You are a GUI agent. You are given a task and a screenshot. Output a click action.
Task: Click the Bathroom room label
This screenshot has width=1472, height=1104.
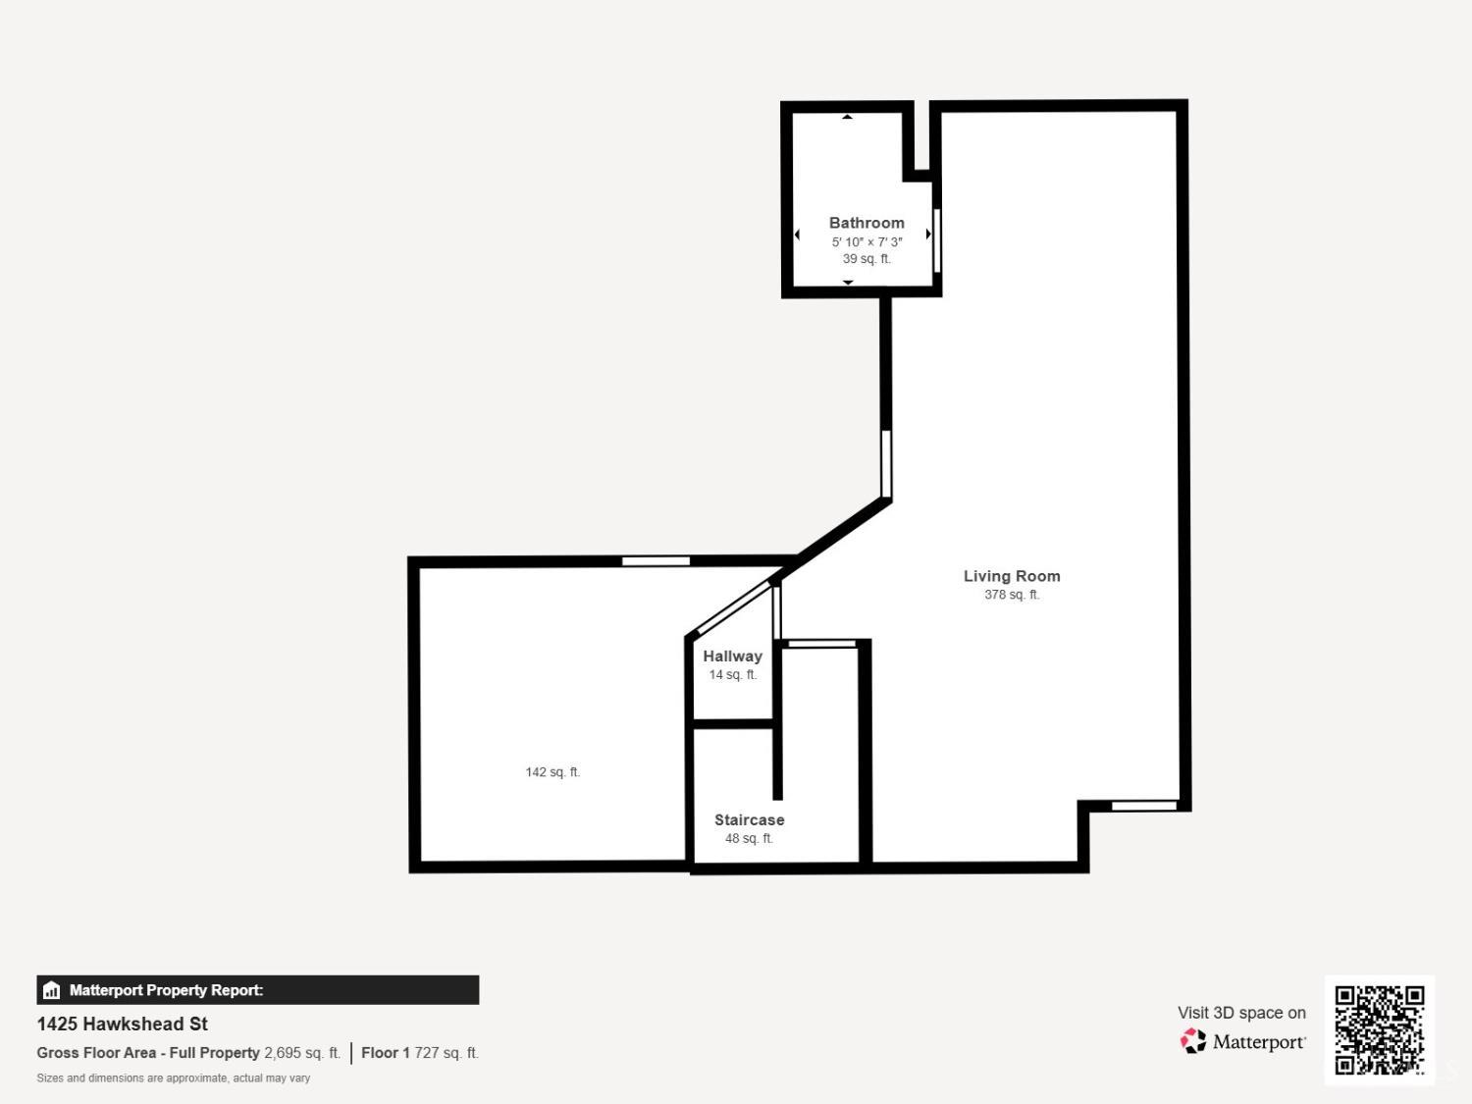click(x=867, y=223)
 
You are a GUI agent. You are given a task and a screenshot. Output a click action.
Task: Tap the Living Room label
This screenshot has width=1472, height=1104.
click(x=1012, y=576)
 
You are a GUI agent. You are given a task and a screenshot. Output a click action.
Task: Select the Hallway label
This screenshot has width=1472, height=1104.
click(x=732, y=657)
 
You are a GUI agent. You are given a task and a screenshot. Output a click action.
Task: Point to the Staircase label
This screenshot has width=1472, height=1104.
click(x=749, y=819)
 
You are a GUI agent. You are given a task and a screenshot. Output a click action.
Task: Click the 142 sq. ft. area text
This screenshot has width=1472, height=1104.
click(x=552, y=772)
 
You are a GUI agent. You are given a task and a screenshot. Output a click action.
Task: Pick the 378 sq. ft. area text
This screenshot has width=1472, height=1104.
click(x=1012, y=595)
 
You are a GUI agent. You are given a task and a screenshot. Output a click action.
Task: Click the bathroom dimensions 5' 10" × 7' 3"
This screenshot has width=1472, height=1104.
click(x=867, y=242)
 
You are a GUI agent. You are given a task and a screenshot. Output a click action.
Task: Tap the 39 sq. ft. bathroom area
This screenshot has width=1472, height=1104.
click(x=867, y=259)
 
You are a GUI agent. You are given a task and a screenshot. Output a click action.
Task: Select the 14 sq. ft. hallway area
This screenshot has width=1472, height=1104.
click(x=733, y=674)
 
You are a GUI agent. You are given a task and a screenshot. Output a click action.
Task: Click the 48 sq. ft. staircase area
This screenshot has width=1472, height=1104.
click(x=749, y=839)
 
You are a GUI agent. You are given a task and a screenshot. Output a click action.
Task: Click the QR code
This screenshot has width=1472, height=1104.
click(x=1380, y=1030)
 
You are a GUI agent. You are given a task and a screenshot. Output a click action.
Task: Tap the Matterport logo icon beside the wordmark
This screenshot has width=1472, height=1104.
click(x=1193, y=1041)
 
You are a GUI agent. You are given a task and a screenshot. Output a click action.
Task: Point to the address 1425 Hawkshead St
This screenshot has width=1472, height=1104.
click(x=122, y=1025)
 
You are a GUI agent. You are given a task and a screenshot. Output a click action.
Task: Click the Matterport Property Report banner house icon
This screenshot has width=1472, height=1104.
click(x=52, y=990)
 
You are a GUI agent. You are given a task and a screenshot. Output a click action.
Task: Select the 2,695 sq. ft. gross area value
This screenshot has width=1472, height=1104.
click(x=302, y=1053)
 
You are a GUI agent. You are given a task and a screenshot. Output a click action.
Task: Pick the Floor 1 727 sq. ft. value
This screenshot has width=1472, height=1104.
click(x=420, y=1053)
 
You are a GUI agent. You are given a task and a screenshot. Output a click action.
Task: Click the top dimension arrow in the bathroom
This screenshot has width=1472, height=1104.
click(x=848, y=117)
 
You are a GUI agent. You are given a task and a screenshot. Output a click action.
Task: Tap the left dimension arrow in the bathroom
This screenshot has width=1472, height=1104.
click(x=797, y=234)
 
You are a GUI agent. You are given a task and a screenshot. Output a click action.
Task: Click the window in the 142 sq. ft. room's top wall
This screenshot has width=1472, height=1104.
click(x=656, y=561)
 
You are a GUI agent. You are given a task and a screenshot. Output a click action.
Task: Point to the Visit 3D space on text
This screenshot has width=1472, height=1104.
click(x=1242, y=1013)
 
